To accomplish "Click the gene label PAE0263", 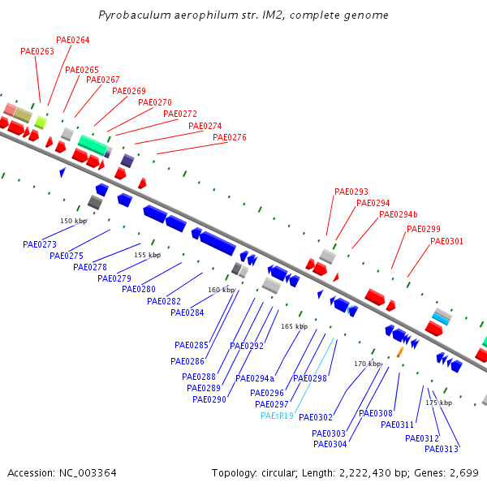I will pyautogui.click(x=37, y=51).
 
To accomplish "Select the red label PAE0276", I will pyautogui.click(x=230, y=137).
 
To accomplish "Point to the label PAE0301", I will pyautogui.click(x=447, y=241).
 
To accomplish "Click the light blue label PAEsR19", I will pyautogui.click(x=277, y=416).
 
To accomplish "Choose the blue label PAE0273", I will pyautogui.click(x=40, y=244).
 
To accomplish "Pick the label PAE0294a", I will pyautogui.click(x=255, y=378).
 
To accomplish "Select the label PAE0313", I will pyautogui.click(x=442, y=449).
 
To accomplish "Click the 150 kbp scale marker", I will pyautogui.click(x=73, y=221).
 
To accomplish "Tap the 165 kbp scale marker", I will pyautogui.click(x=294, y=326).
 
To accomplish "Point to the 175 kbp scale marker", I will pyautogui.click(x=439, y=403).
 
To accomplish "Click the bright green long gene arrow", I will pyautogui.click(x=93, y=144).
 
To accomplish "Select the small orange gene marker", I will pyautogui.click(x=399, y=353).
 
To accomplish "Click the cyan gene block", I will pyautogui.click(x=441, y=319).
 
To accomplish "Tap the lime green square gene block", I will pyautogui.click(x=40, y=123).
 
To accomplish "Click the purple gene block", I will pyautogui.click(x=127, y=160).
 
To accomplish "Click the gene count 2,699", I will pyautogui.click(x=463, y=472).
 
